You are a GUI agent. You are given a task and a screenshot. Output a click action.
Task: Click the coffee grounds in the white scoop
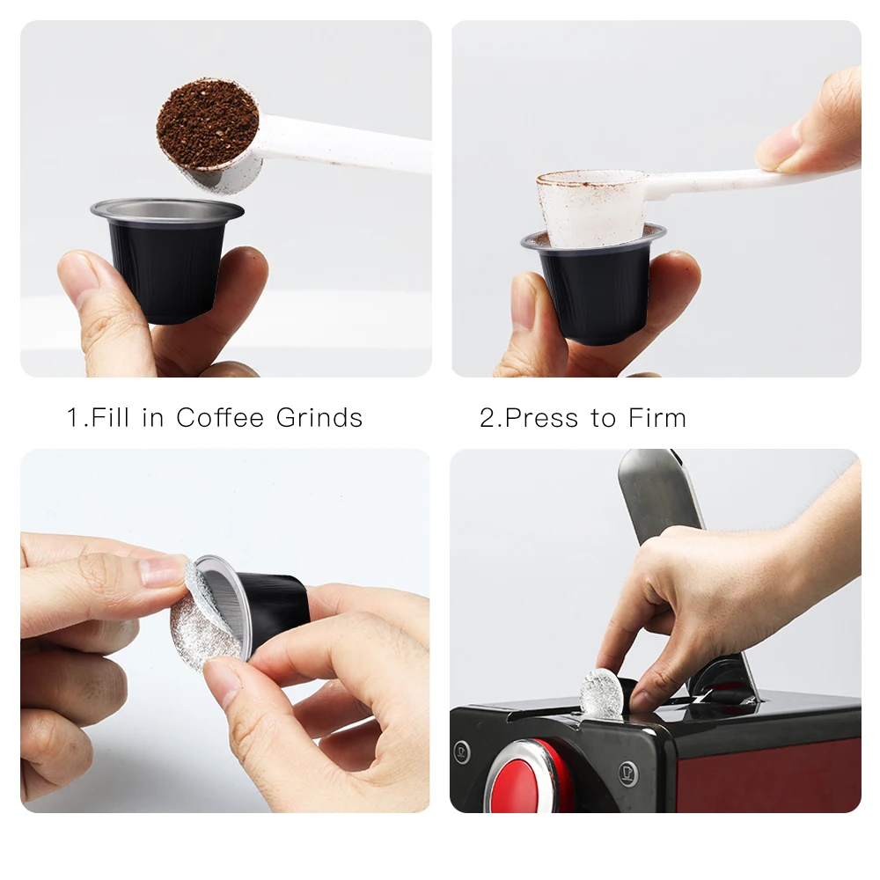point(207,124)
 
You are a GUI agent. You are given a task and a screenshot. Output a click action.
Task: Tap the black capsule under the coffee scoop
point(167,264)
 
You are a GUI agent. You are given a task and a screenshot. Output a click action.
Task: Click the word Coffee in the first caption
point(219,417)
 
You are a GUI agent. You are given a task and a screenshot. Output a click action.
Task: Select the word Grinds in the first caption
point(319,417)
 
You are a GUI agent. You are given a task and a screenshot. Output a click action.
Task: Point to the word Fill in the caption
point(110,417)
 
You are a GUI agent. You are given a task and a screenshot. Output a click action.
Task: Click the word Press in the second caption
point(533,418)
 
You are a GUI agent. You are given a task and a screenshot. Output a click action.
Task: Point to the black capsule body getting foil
point(275,604)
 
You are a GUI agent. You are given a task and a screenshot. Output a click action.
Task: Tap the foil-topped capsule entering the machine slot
point(602,694)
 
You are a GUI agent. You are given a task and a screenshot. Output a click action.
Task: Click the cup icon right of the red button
point(628,774)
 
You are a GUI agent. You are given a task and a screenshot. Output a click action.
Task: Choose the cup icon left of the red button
point(462,752)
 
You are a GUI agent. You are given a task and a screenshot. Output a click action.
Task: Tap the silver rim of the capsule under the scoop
point(167,211)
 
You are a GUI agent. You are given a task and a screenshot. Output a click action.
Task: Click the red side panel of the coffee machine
point(769,777)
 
